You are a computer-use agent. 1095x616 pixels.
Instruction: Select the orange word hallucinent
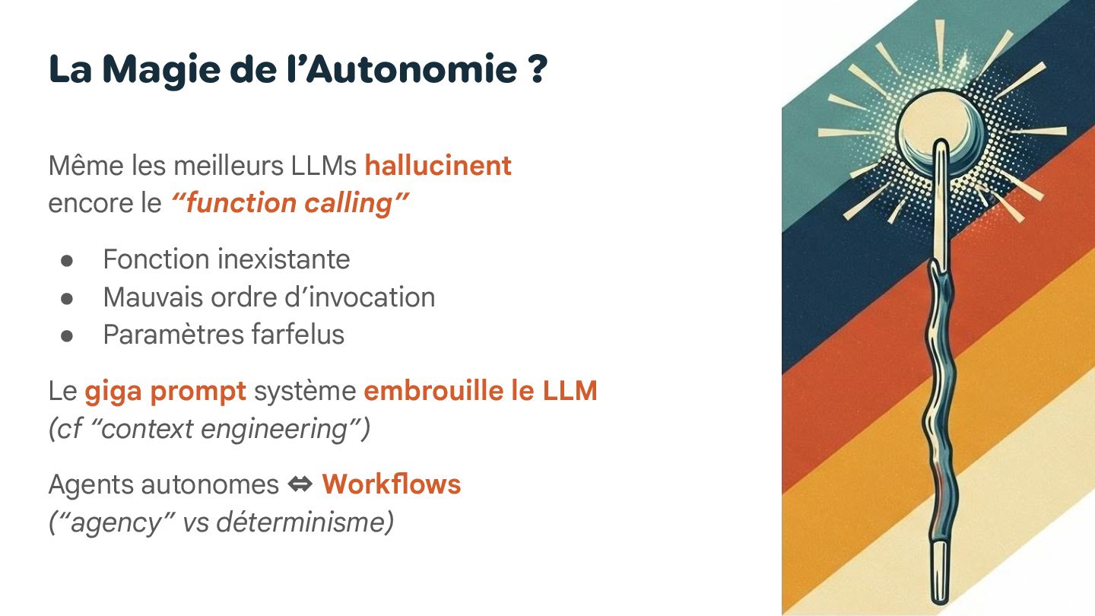[438, 165]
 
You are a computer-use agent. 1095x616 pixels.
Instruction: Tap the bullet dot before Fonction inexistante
[67, 260]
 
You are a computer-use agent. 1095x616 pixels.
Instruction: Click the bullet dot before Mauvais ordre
[67, 297]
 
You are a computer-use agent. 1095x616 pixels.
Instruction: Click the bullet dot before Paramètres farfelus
[67, 335]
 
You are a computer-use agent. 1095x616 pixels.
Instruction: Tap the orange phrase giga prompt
[165, 391]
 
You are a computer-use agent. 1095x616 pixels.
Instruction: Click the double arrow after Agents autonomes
[301, 484]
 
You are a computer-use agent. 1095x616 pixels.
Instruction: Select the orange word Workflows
[392, 484]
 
